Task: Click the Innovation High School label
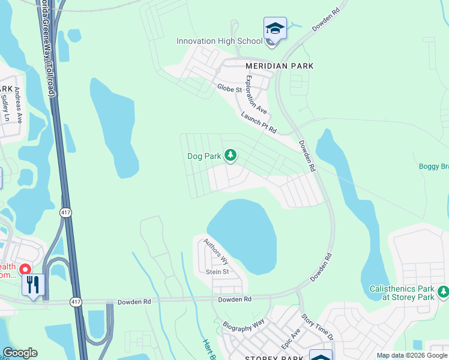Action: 219,41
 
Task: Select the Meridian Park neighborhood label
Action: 279,65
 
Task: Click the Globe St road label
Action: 229,89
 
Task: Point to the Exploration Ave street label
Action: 256,95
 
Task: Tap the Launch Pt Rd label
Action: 259,121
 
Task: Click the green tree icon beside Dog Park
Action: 230,155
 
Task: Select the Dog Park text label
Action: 204,156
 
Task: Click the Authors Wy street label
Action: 216,252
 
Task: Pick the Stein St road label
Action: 218,272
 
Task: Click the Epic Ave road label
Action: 291,340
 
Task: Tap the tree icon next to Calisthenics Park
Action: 443,291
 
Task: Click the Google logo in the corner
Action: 20,353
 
